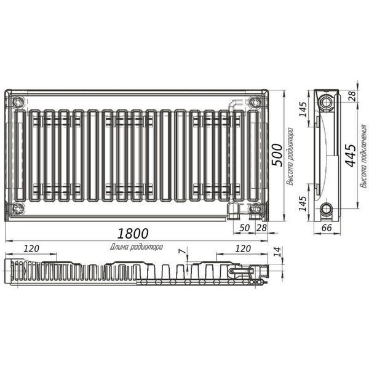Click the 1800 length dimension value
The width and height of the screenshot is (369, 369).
(x=133, y=234)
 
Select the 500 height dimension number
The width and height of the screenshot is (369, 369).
(x=277, y=155)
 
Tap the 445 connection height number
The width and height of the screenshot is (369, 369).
(x=351, y=156)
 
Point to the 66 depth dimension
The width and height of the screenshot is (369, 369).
(x=327, y=228)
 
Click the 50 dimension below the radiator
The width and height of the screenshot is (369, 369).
(x=244, y=228)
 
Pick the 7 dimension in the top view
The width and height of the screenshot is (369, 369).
(x=182, y=252)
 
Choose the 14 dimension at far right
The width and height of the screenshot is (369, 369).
(x=278, y=252)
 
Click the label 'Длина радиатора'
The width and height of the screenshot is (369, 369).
(x=137, y=247)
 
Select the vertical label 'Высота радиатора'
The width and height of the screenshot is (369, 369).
(x=290, y=156)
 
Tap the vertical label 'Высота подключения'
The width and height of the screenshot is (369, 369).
(x=363, y=156)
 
